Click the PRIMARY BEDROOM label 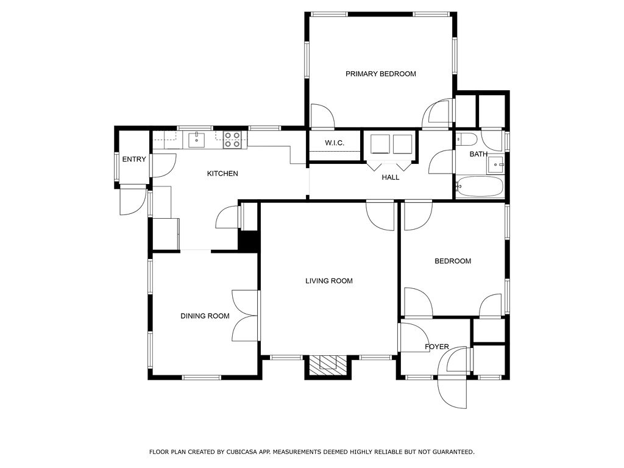(380, 74)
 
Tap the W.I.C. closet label (335, 143)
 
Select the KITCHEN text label (222, 174)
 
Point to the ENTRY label (134, 159)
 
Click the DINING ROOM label (205, 316)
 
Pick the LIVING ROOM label (329, 281)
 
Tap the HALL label (391, 177)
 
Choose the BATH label (478, 154)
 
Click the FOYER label (436, 347)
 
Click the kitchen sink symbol (197, 140)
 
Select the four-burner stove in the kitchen (232, 140)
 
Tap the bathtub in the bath (480, 186)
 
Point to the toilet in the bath (466, 140)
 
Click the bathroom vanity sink (496, 164)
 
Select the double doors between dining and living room (246, 316)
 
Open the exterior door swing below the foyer (452, 392)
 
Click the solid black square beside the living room (249, 241)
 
